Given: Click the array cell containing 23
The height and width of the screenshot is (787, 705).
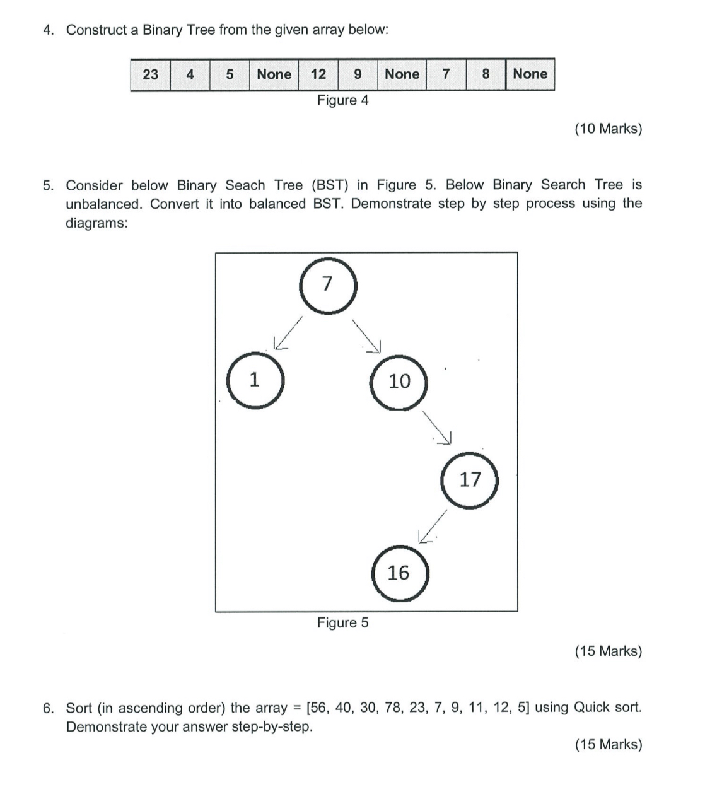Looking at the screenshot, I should tap(151, 74).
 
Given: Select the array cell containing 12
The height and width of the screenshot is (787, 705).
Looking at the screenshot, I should tap(318, 74).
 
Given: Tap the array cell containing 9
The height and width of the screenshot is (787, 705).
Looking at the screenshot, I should tap(358, 74).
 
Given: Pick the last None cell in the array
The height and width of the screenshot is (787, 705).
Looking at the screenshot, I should tap(530, 74).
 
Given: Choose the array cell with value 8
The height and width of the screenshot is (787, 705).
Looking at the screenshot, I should tap(486, 74).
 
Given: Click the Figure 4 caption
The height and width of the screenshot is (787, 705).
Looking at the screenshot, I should tap(342, 100).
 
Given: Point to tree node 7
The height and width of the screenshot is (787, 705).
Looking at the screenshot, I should tap(327, 284).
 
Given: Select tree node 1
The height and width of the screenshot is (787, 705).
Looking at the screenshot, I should tap(254, 380).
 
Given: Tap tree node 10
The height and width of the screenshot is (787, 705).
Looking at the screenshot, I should tap(399, 382).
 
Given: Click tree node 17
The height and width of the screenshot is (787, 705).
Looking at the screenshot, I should tap(470, 480).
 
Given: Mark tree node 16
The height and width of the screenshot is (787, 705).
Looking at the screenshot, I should tap(399, 573).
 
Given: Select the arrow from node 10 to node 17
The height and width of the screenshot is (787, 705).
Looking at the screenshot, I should tap(438, 427).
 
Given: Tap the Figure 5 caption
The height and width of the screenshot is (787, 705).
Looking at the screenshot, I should tap(342, 623).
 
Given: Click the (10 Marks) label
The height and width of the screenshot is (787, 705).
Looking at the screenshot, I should tap(608, 129).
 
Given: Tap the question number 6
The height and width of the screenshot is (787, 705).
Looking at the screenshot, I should tap(48, 708).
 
